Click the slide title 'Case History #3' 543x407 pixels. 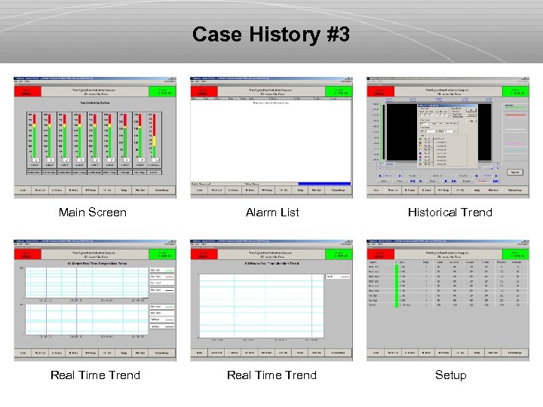[x=271, y=35]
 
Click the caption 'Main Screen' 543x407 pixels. [x=93, y=213]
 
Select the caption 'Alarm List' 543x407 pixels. [x=272, y=213]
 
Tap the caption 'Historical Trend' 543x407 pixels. [x=449, y=213]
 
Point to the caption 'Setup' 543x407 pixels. [x=450, y=375]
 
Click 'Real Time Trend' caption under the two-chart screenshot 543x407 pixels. [x=95, y=375]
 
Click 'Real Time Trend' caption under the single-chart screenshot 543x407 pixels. [x=271, y=375]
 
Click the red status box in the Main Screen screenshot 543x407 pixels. [x=28, y=90]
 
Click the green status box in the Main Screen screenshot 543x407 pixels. [x=164, y=90]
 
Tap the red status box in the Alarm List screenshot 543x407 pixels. [x=204, y=90]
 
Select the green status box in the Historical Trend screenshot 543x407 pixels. [x=517, y=90]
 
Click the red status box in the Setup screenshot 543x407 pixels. [x=381, y=253]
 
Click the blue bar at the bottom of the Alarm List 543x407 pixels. [x=324, y=183]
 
